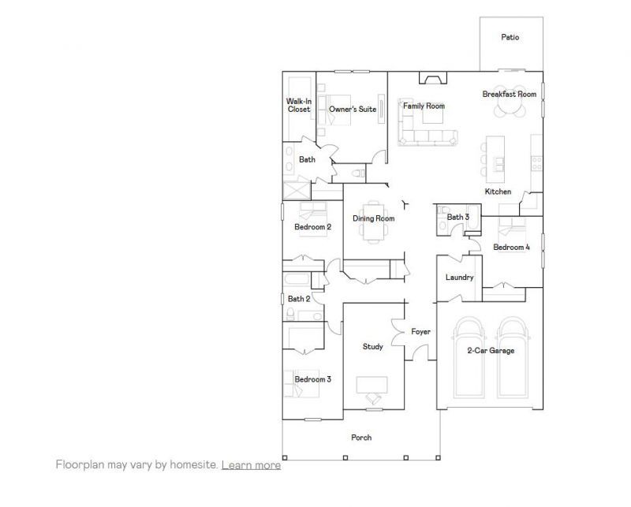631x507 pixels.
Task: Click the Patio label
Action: point(510,37)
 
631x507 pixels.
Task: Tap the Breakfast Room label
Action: point(510,94)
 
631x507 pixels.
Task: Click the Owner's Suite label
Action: point(353,109)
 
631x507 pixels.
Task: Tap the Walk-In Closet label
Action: point(298,105)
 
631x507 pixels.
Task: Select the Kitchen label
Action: point(498,192)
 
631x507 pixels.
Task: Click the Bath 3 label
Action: point(458,217)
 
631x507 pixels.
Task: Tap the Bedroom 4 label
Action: point(511,247)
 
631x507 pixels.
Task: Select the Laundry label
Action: point(459,277)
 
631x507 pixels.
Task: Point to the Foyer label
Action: point(420,332)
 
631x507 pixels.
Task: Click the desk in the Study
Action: point(372,384)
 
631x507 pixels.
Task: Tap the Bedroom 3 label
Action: point(312,379)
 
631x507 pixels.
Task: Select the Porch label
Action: point(361,437)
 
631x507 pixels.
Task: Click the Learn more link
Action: point(251,465)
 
